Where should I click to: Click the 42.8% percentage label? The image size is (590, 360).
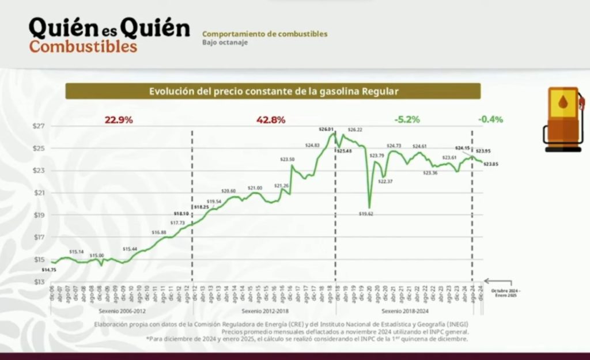click(x=271, y=120)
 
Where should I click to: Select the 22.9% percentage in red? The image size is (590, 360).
click(x=119, y=120)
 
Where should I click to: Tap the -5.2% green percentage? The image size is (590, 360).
click(x=407, y=120)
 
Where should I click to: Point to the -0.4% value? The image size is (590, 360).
click(x=490, y=120)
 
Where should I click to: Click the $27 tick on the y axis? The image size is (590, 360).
click(x=39, y=126)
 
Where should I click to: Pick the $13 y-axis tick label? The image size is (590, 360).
click(x=39, y=282)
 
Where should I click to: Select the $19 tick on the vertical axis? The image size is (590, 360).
click(x=39, y=215)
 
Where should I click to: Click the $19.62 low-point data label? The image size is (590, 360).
click(x=366, y=213)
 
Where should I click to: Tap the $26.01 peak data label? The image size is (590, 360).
click(x=327, y=129)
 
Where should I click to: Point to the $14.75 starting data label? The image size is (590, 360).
click(x=50, y=270)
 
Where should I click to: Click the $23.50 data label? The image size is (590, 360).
click(x=288, y=159)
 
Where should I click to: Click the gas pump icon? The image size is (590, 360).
click(x=563, y=119)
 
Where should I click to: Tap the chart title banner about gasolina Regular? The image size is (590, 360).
click(x=273, y=91)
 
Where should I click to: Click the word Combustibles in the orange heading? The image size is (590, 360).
click(x=84, y=47)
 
